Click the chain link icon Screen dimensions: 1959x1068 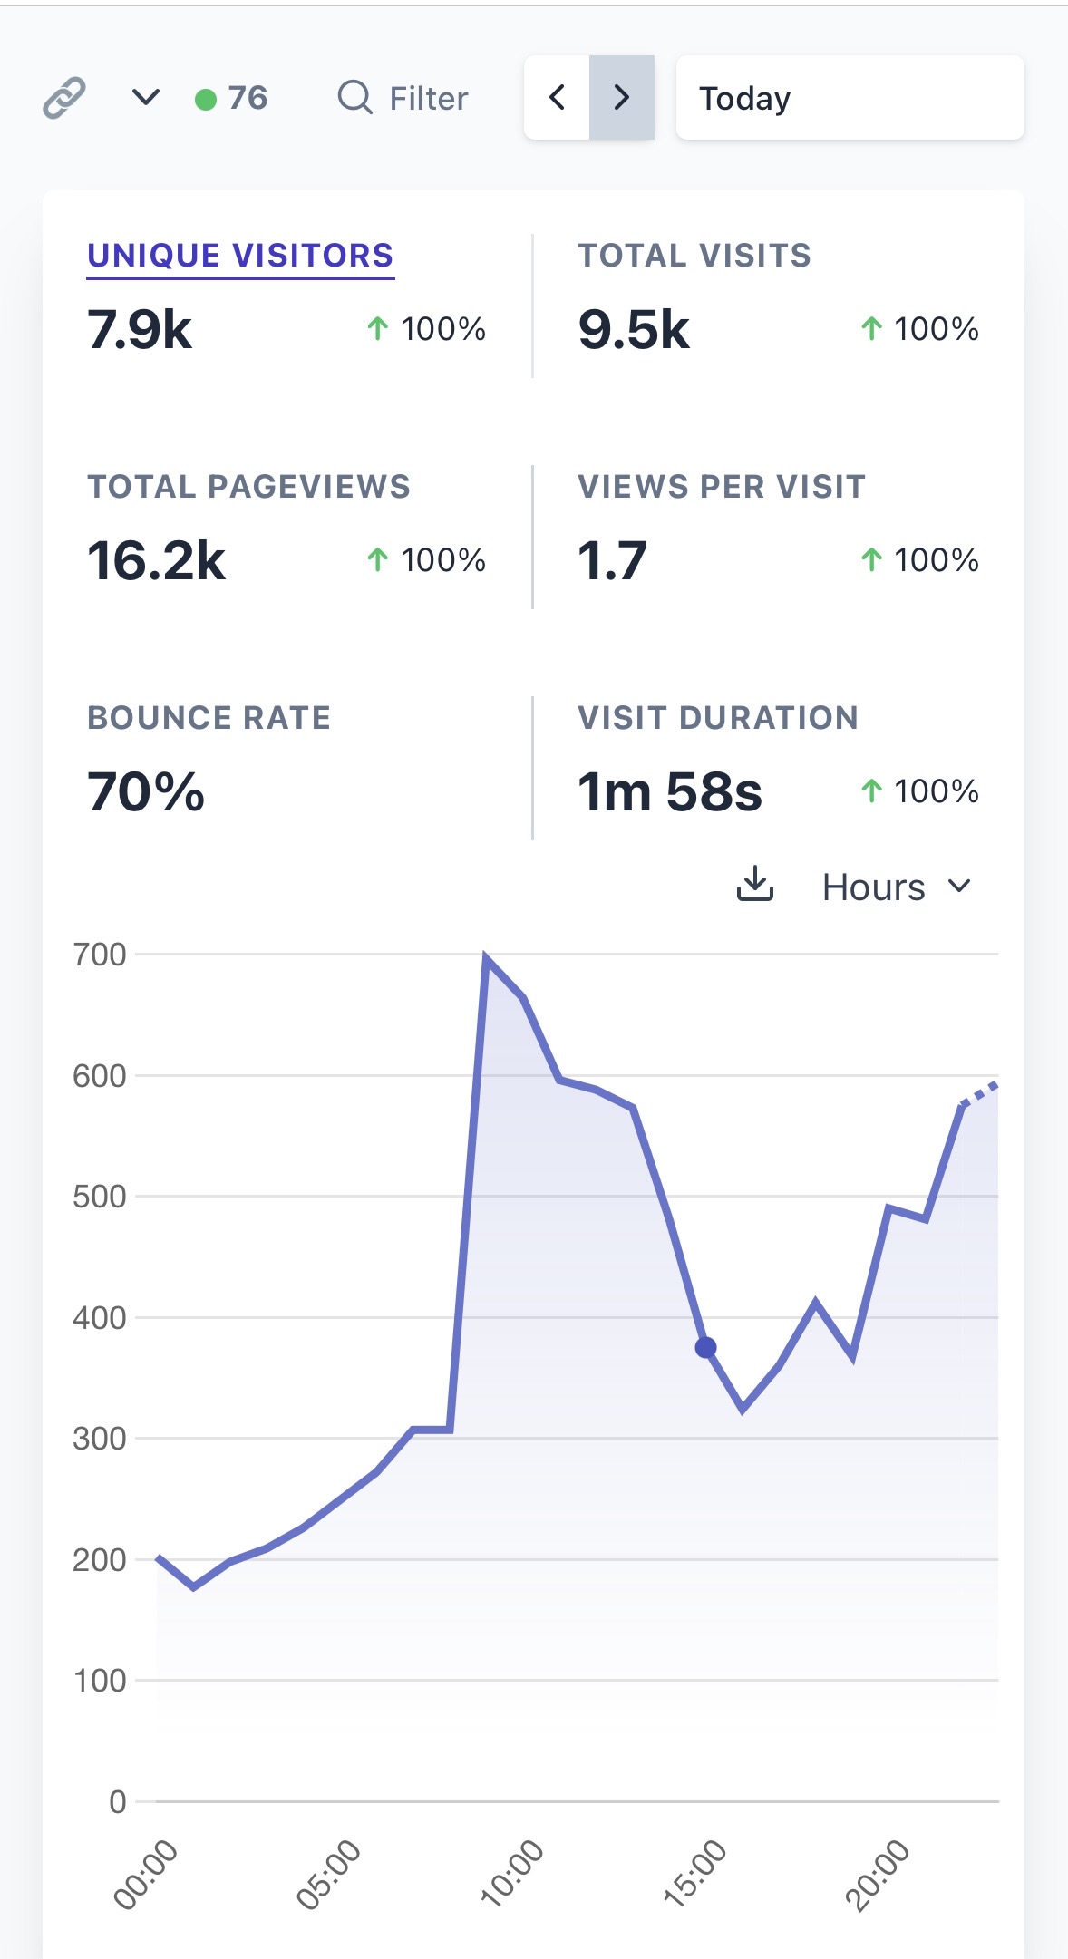point(64,98)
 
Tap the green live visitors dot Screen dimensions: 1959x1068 point(206,99)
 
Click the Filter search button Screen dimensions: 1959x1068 point(403,98)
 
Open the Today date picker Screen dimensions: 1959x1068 point(850,98)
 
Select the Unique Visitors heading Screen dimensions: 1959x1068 point(240,256)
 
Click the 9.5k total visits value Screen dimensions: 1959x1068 point(634,329)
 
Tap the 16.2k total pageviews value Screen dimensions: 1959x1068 point(156,560)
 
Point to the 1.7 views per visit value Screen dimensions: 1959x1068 point(612,560)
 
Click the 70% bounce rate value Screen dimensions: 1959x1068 point(146,791)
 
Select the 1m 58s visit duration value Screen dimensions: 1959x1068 point(670,791)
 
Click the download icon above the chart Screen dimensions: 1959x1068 point(754,885)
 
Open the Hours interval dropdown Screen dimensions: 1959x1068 point(896,887)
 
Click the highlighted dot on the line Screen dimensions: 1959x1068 point(705,1348)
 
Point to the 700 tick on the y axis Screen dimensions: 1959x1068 point(100,955)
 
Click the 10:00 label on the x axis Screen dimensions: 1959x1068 point(512,1873)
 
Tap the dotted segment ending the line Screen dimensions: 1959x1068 point(980,1093)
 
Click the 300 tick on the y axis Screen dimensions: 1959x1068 point(100,1439)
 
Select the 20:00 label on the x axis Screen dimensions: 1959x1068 point(877,1873)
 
